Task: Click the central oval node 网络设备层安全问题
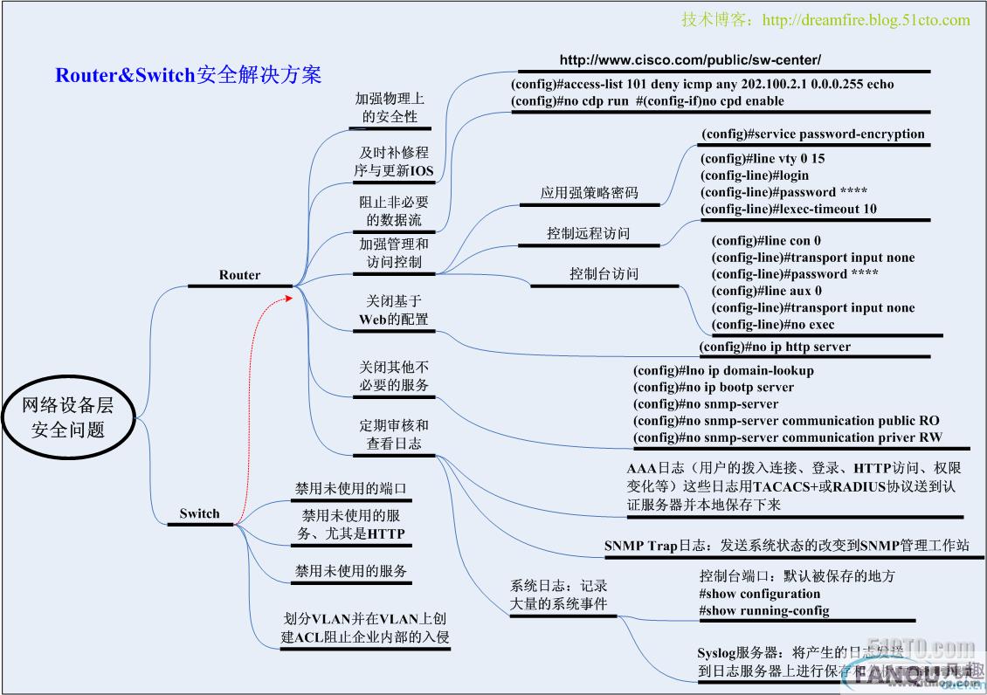point(68,417)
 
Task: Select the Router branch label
point(239,274)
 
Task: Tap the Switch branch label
point(199,513)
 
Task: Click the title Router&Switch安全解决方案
point(189,75)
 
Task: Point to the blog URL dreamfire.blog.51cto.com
point(825,19)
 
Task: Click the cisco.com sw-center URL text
point(690,60)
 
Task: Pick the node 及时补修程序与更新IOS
point(394,162)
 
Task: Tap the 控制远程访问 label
point(588,233)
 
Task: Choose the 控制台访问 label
point(604,273)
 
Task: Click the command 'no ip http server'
point(775,347)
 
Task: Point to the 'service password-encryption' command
point(812,134)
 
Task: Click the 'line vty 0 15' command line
point(763,159)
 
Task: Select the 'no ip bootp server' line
point(714,387)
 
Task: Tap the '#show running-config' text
point(764,610)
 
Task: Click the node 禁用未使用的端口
point(351,488)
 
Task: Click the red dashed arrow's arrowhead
point(291,299)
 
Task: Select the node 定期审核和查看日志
point(394,434)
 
